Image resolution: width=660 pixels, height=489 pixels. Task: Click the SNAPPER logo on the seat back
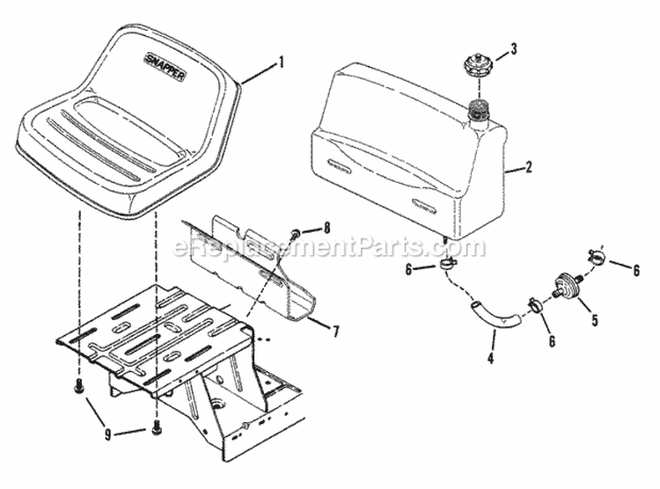pos(165,66)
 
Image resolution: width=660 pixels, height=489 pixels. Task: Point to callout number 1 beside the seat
pos(281,63)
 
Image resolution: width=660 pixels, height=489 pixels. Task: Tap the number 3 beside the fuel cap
pos(513,49)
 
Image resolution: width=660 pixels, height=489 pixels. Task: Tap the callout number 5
pos(594,319)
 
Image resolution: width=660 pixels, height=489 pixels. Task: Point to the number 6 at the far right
pos(635,270)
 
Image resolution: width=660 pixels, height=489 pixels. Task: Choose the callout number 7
pos(335,332)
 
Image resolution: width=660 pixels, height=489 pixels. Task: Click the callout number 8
pos(326,228)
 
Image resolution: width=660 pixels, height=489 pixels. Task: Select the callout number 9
pos(108,434)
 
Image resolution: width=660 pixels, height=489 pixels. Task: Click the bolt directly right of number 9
pos(156,427)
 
